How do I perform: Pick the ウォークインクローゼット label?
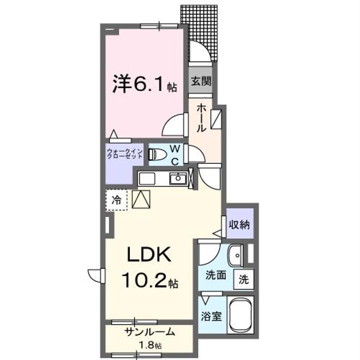(x=125, y=154)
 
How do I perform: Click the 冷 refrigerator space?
(x=116, y=201)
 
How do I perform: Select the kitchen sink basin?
(x=177, y=177)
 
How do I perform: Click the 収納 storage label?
(x=239, y=224)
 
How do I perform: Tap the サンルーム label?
(x=149, y=331)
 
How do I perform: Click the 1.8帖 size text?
(x=149, y=345)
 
